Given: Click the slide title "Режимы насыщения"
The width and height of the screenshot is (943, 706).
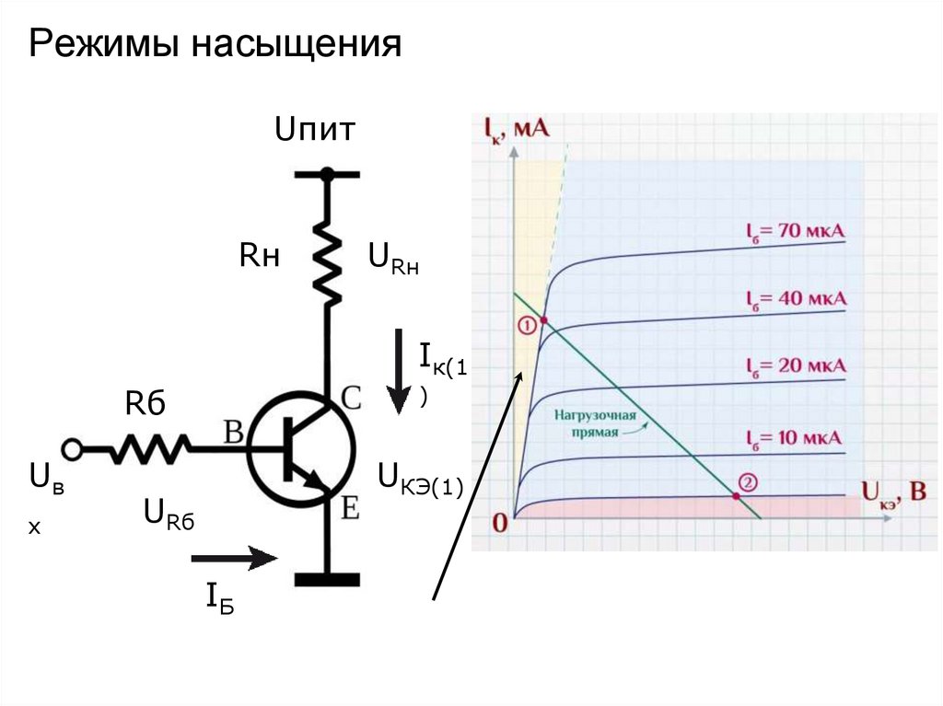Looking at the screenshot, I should pyautogui.click(x=215, y=44).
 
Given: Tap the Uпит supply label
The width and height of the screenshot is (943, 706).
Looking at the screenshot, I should pyautogui.click(x=314, y=131).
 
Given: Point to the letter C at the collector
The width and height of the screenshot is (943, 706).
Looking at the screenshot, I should pyautogui.click(x=351, y=398).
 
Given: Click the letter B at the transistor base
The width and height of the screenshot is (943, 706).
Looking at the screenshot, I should pyautogui.click(x=233, y=432).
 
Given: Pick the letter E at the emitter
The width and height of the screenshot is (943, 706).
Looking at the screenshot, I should pyautogui.click(x=350, y=507).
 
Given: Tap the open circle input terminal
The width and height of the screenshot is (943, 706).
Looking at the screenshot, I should pyautogui.click(x=72, y=449).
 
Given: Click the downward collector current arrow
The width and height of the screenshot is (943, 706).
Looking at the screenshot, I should pyautogui.click(x=398, y=373).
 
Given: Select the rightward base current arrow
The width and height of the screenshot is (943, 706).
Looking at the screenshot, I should pyautogui.click(x=234, y=557).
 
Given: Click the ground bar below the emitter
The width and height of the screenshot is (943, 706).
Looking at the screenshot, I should pyautogui.click(x=327, y=579).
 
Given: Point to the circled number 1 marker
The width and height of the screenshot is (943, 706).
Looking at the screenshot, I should pyautogui.click(x=526, y=326).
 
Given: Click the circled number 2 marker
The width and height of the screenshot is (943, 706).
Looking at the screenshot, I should pyautogui.click(x=748, y=482).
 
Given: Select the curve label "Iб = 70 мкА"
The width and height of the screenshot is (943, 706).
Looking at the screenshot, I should pyautogui.click(x=795, y=230).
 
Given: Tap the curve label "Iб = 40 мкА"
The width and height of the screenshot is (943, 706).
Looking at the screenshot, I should pyautogui.click(x=795, y=300).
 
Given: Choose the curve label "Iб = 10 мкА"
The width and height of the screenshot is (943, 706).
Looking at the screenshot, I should pyautogui.click(x=795, y=437).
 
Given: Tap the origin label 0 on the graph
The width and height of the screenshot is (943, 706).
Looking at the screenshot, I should pyautogui.click(x=500, y=524).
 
